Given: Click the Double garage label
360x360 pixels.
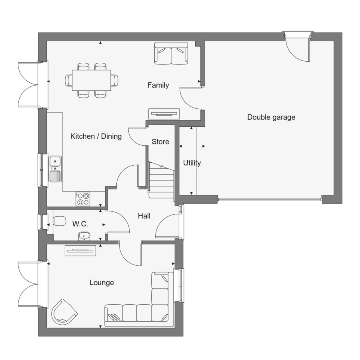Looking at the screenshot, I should pyautogui.click(x=271, y=117).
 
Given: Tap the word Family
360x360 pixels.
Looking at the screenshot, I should pyautogui.click(x=158, y=85).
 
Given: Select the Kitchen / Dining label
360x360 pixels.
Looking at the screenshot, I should pyautogui.click(x=96, y=136).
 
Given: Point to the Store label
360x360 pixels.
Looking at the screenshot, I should pyautogui.click(x=160, y=142).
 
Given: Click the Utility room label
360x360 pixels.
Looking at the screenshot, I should pyautogui.click(x=192, y=163).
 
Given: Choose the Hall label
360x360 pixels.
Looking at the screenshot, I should pyautogui.click(x=144, y=216).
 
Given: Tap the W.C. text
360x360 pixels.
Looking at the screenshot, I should pyautogui.click(x=80, y=224).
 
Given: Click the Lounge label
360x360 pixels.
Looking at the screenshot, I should pyautogui.click(x=102, y=283).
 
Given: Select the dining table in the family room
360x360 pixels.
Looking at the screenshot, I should pyautogui.click(x=92, y=80).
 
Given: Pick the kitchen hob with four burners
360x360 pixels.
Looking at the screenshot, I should pyautogui.click(x=83, y=199).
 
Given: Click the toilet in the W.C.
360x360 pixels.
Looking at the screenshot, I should pyautogui.click(x=59, y=221).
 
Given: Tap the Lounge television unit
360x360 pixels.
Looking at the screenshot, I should pyautogui.click(x=80, y=250).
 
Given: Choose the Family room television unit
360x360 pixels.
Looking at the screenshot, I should pyautogui.click(x=164, y=114).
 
